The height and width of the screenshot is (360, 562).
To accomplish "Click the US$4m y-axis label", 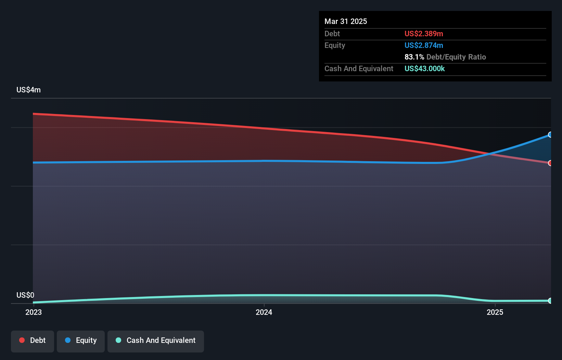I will click(x=28, y=90).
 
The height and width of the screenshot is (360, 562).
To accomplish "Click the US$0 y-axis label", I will click(x=25, y=295).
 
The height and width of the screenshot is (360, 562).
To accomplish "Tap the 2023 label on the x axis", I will click(x=34, y=312).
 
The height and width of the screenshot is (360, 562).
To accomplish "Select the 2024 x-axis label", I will click(x=264, y=312).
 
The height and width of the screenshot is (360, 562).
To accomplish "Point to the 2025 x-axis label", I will click(x=495, y=312).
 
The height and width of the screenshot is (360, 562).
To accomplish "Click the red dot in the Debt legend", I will click(x=22, y=340).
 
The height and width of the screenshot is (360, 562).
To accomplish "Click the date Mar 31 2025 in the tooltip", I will click(x=346, y=21).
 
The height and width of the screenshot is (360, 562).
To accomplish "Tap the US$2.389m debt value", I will click(x=424, y=34).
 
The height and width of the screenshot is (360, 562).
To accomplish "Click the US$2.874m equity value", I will click(x=424, y=45).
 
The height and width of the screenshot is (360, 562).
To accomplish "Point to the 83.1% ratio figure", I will click(x=414, y=57).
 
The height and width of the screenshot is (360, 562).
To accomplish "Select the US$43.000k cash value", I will click(x=424, y=68).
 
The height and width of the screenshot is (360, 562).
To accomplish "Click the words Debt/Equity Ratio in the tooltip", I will click(x=456, y=57).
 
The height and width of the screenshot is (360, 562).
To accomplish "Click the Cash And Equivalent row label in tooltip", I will click(x=359, y=68).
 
